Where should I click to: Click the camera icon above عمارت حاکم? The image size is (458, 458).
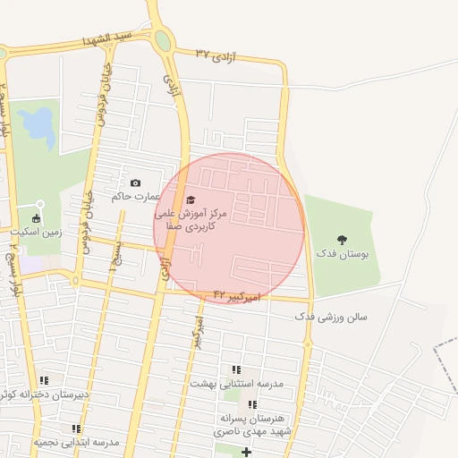[x=136, y=182]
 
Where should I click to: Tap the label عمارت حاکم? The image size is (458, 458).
[x=135, y=196]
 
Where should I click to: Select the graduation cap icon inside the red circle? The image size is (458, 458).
[x=190, y=200]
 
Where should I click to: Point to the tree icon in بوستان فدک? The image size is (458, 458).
[x=341, y=239]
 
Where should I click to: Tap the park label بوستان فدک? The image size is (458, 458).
[x=342, y=255]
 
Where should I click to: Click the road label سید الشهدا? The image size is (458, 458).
[x=106, y=40]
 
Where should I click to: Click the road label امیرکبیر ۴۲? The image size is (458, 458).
[x=236, y=293]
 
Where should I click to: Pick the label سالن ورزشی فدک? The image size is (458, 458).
[x=331, y=317]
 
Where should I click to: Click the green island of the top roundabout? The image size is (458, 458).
[x=163, y=40]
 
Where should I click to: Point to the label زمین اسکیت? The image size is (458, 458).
[x=37, y=232]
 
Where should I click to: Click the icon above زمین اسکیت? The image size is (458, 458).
[x=37, y=217]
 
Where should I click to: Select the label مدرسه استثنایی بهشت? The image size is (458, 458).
[x=236, y=383]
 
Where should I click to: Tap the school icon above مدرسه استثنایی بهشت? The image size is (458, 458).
[x=236, y=369]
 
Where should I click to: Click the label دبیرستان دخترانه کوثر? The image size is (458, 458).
[x=44, y=394]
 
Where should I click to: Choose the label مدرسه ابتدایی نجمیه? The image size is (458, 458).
[x=77, y=443]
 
